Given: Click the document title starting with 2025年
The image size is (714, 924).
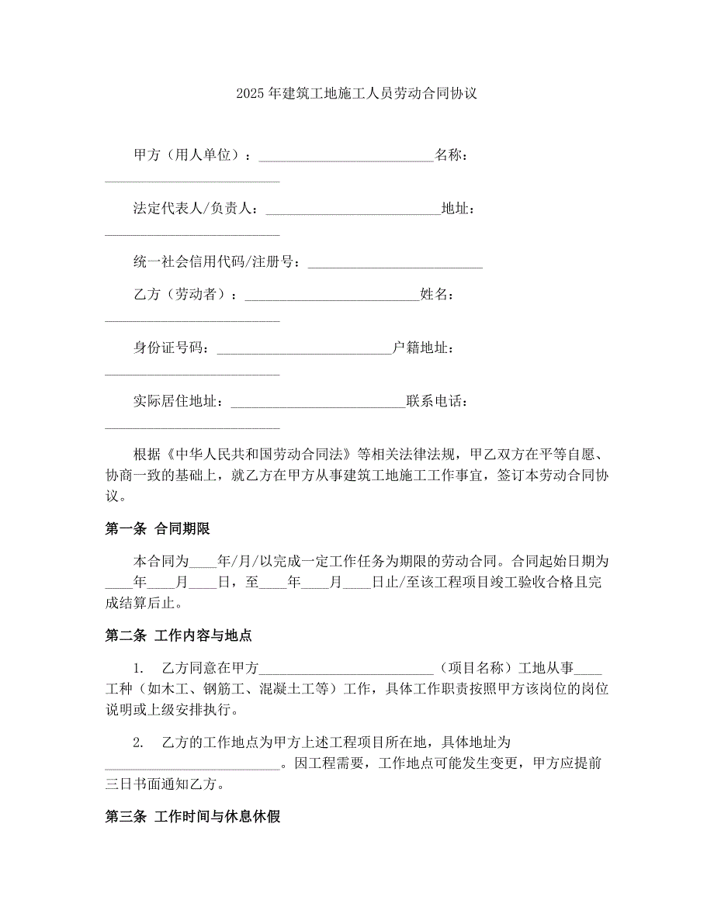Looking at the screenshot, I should coord(356,94).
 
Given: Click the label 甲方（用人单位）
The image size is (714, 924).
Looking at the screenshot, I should coord(189,155).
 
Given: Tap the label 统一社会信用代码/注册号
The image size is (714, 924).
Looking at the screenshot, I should coord(217,262).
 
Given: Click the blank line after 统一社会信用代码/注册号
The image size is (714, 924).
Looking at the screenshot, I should coord(395,264).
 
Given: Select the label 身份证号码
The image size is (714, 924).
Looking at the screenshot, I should coord(171,348).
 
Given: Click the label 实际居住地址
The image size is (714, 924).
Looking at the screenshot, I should coord(178,402).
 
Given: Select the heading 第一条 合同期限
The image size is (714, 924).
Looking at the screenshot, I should coord(158,529).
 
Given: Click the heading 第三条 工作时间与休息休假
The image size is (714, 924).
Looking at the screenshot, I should coord(192,816).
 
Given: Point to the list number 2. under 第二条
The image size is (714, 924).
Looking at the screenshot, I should coord(138,742).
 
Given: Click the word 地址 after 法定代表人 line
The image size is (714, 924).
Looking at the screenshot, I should coord(454,208).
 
